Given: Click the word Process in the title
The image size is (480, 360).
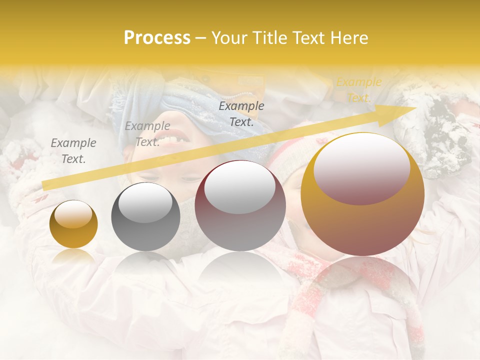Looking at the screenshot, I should click(157, 38).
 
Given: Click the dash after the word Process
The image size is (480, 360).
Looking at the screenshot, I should click(201, 38).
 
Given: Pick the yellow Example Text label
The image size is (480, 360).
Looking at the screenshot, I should click(358, 90).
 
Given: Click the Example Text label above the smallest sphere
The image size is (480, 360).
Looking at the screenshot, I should click(73, 151).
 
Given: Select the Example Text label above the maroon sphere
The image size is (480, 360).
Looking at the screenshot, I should click(241, 113).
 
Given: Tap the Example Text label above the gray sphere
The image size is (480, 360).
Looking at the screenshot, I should click(147, 134).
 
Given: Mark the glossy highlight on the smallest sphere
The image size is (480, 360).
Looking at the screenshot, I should click(73, 215).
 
